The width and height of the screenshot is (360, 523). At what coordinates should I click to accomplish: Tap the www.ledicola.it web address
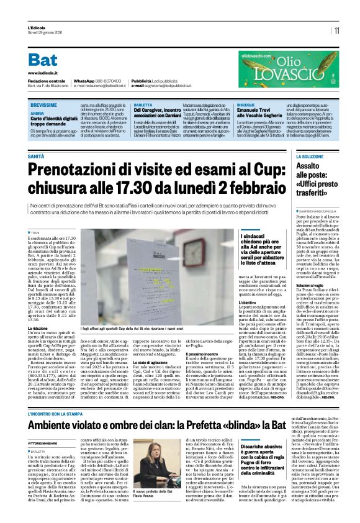tap(43, 73)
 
